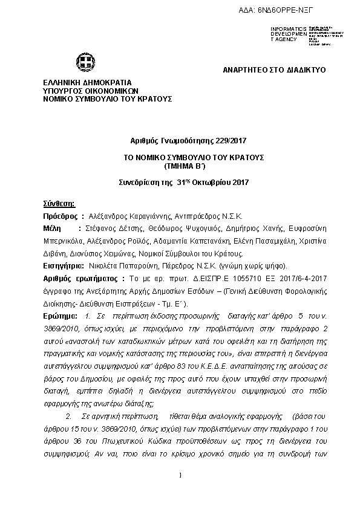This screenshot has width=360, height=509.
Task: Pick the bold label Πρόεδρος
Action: [x=61, y=215]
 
